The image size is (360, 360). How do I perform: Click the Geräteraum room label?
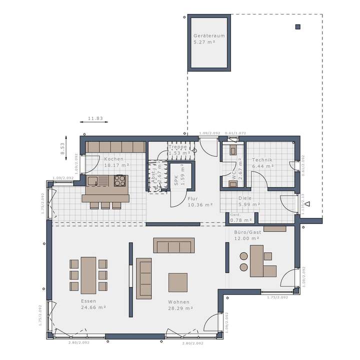(x=209, y=39)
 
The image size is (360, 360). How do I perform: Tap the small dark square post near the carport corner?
(x=298, y=26)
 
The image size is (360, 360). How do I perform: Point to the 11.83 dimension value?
(x=95, y=118)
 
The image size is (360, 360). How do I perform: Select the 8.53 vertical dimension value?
(x=62, y=148)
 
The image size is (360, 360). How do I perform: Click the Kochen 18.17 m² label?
(x=116, y=161)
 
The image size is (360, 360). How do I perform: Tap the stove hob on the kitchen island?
(x=120, y=180)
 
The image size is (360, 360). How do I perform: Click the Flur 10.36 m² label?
(x=200, y=201)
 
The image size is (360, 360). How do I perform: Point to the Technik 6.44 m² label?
(x=262, y=162)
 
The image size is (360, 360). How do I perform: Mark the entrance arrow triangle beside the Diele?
(x=308, y=203)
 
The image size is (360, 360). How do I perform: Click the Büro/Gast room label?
(x=247, y=235)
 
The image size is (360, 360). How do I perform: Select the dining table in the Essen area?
(x=88, y=274)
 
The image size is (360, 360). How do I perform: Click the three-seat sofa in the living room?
(x=173, y=245)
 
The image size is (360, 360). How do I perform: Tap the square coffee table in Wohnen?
(x=177, y=282)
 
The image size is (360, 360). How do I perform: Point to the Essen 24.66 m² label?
(x=88, y=304)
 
